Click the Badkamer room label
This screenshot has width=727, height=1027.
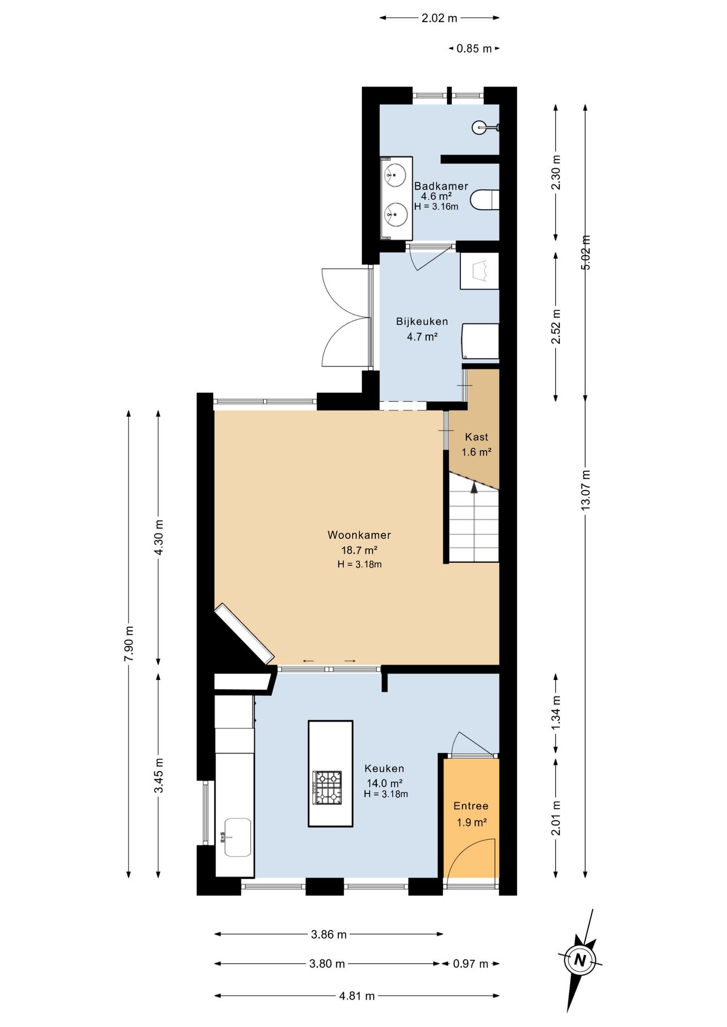pyautogui.click(x=441, y=186)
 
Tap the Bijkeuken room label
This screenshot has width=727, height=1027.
pyautogui.click(x=422, y=321)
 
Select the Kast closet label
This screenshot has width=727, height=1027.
pyautogui.click(x=476, y=437)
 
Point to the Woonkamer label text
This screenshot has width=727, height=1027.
pyautogui.click(x=359, y=535)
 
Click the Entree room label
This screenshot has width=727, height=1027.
pyautogui.click(x=471, y=806)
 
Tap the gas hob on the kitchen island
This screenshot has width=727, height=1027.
pyautogui.click(x=328, y=787)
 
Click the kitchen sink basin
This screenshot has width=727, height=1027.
pyautogui.click(x=237, y=837)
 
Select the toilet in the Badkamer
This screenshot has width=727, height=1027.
pyautogui.click(x=484, y=200)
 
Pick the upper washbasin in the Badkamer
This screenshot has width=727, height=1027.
pyautogui.click(x=396, y=175)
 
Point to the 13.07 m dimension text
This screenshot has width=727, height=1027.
pyautogui.click(x=586, y=489)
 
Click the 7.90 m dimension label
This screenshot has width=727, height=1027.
pyautogui.click(x=129, y=643)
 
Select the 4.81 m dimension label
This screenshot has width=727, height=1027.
pyautogui.click(x=357, y=996)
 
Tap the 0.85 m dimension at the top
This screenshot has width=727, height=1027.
pyautogui.click(x=474, y=49)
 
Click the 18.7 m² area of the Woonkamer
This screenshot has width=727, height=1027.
pyautogui.click(x=359, y=550)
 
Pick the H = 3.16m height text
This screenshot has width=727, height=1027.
pyautogui.click(x=436, y=206)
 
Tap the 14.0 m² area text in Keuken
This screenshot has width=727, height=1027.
pyautogui.click(x=384, y=783)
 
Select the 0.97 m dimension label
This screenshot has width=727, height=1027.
pyautogui.click(x=471, y=964)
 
